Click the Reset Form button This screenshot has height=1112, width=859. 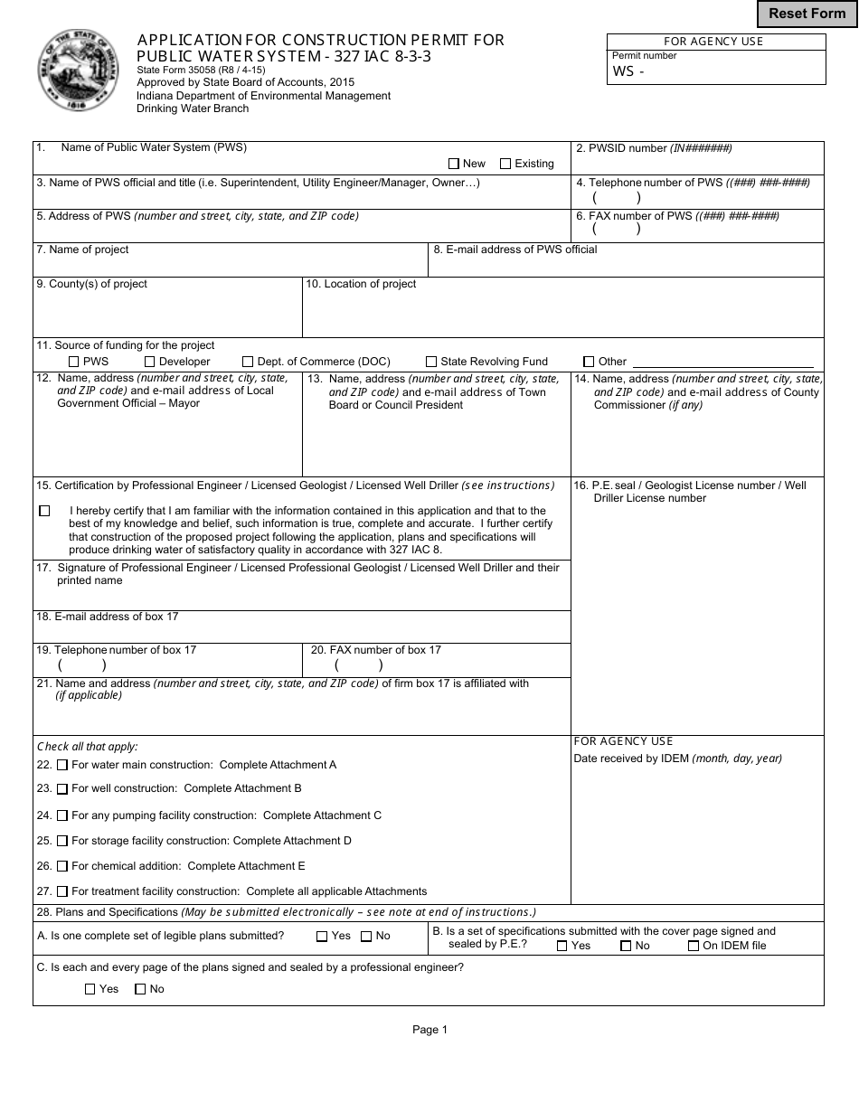[807, 14]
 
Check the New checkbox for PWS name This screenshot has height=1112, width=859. [454, 164]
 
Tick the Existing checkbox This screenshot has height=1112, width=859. [505, 164]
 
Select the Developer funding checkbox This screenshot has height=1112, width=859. [150, 362]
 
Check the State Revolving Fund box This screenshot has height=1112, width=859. [431, 362]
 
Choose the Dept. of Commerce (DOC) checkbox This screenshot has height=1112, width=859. [249, 362]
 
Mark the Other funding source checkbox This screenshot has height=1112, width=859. [589, 362]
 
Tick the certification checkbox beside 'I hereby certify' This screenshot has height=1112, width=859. [45, 511]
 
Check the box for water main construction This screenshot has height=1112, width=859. [62, 765]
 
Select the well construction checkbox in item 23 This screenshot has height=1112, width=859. [62, 789]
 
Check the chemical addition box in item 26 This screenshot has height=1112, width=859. [62, 866]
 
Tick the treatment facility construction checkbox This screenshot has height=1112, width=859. [62, 891]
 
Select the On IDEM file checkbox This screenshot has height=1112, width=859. [694, 946]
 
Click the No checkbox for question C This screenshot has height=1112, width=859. [140, 989]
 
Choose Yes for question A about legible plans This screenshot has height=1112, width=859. [322, 937]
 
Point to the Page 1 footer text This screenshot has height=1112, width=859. [429, 1029]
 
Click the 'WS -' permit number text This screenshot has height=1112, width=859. [628, 71]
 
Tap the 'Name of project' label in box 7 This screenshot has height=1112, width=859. [82, 250]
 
